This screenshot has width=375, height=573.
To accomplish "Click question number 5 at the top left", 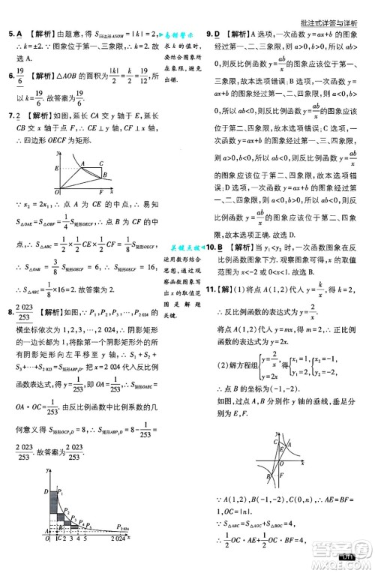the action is (x=9, y=33).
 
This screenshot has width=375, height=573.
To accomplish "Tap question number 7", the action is (x=9, y=116).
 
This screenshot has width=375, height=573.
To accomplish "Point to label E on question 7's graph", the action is (x=55, y=169).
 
